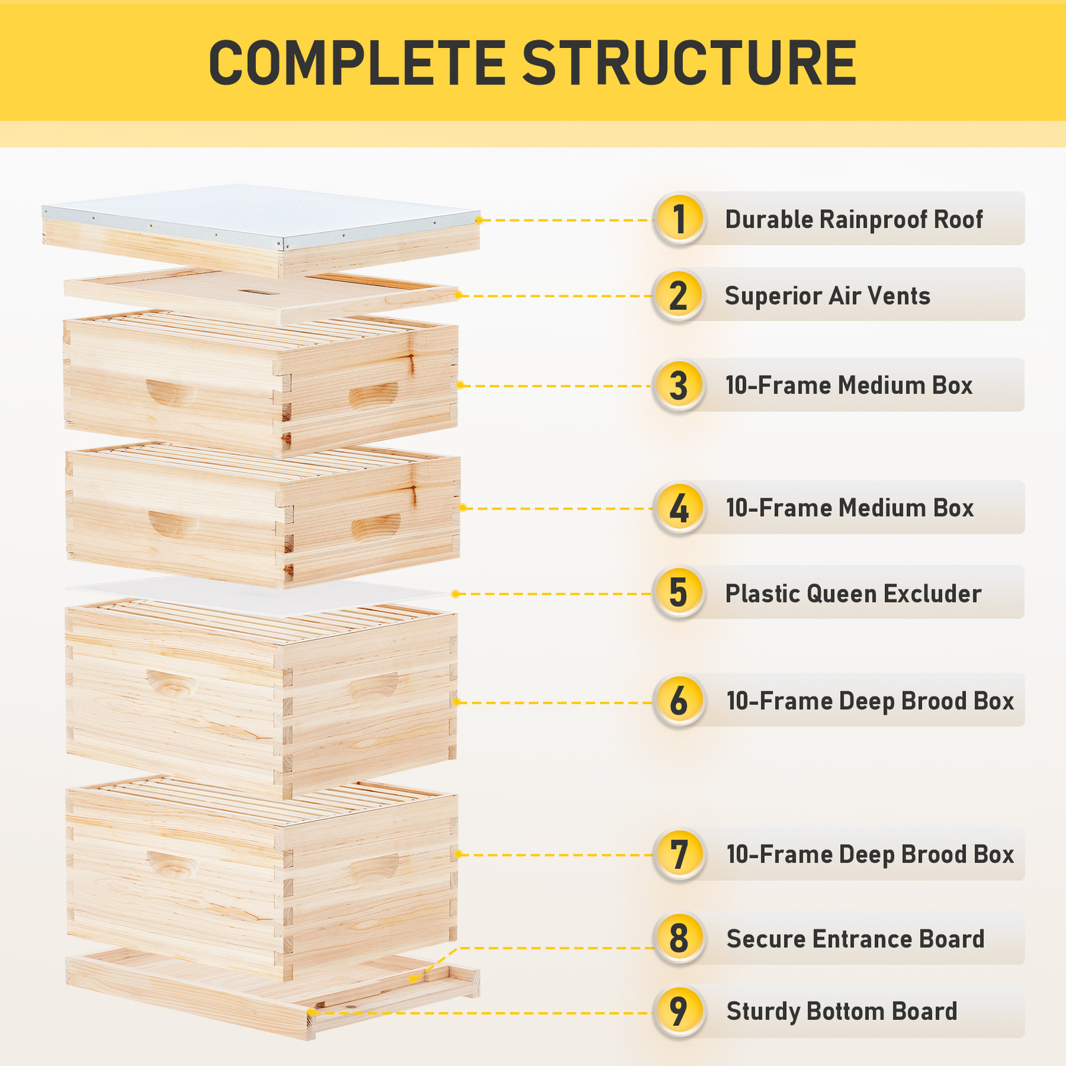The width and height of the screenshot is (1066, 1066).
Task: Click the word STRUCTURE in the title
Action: pos(689,63)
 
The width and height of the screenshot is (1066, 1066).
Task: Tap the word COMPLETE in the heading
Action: pos(356,63)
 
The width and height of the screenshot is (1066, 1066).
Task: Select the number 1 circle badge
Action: pos(679,219)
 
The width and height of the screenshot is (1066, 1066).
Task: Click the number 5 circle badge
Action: pos(678,592)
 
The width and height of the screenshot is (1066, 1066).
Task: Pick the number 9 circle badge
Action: pos(678,1011)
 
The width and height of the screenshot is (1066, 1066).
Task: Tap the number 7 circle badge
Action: pos(678,854)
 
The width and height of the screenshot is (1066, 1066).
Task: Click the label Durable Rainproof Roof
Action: pos(853,219)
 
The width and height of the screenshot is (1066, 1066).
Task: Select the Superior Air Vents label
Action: pos(827,296)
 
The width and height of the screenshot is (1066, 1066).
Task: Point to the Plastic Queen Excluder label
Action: pos(853,594)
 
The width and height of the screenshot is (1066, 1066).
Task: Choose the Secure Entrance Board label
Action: pos(855,939)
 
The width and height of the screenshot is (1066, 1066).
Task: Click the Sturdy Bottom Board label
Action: pos(841,1011)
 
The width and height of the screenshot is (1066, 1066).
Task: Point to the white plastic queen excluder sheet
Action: pos(260,595)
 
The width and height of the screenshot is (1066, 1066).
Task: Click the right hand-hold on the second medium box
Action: pos(376,526)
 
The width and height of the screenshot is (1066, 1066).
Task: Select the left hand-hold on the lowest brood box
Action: pos(172,863)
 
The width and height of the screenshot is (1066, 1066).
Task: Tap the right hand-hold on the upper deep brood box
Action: pos(374,685)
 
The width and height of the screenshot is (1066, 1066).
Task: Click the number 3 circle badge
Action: pos(678,385)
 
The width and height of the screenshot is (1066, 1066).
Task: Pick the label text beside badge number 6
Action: pos(869,701)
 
